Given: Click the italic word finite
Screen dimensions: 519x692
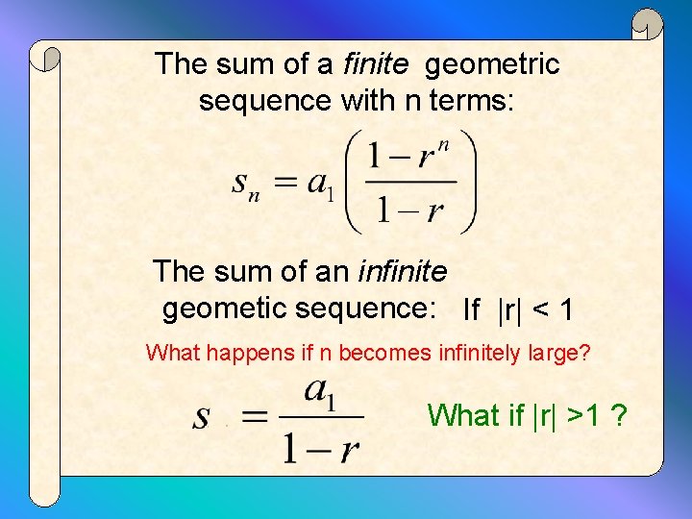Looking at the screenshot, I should pyautogui.click(x=376, y=64).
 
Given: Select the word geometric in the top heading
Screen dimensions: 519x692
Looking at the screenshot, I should pyautogui.click(x=491, y=65).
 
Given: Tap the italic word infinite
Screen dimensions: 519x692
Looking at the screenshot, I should pyautogui.click(x=402, y=272).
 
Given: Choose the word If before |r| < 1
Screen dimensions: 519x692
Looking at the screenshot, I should pyautogui.click(x=472, y=310).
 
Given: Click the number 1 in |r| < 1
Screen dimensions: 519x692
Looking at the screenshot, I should pyautogui.click(x=567, y=310).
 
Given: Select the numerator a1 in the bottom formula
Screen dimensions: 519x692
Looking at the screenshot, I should pyautogui.click(x=320, y=392).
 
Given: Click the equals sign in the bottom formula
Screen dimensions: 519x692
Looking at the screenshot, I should pyautogui.click(x=255, y=417).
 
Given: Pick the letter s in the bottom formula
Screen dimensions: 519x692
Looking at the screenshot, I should pyautogui.click(x=203, y=417).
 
